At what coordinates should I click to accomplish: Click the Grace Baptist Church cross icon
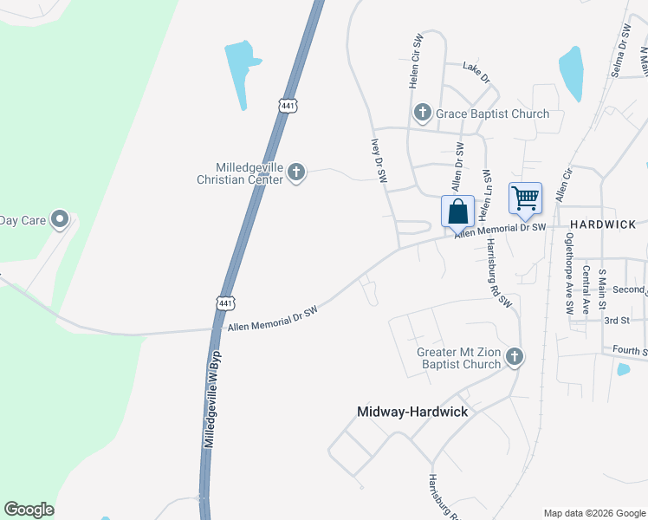422,112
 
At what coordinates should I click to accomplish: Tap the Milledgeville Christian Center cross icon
296,172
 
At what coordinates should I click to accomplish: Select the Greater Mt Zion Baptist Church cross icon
515,356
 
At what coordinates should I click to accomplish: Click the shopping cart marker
525,198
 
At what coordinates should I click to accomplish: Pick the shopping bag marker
457,211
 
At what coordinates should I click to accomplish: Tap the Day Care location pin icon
60,219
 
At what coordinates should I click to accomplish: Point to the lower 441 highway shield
224,302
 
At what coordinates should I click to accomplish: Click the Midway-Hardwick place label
412,412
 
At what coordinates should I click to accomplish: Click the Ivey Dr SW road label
378,160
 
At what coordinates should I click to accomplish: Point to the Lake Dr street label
476,72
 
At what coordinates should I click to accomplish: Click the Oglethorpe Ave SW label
569,272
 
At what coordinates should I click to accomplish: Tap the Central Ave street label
586,290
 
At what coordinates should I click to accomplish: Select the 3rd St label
616,321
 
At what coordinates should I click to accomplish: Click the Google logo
29,510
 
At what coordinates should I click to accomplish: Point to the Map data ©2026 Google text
593,513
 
